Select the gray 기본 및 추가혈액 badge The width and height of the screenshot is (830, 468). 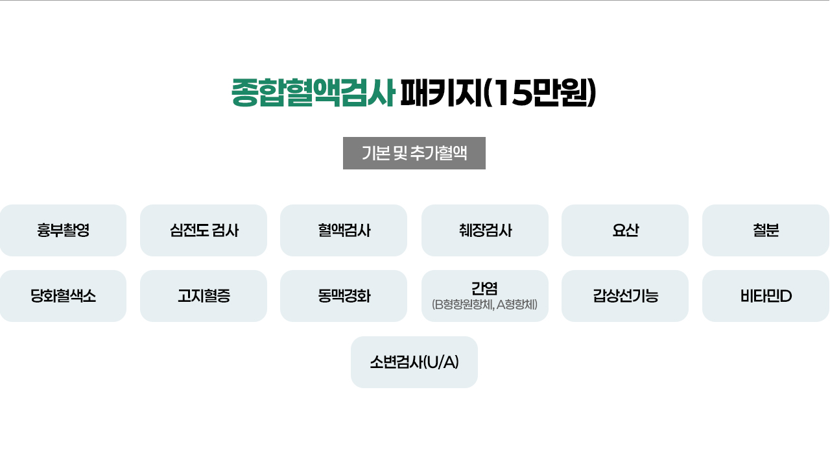click(414, 153)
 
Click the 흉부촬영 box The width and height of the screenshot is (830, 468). click(63, 230)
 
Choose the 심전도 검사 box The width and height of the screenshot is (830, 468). click(204, 230)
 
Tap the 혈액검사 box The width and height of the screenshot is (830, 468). click(344, 230)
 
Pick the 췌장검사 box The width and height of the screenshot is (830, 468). click(485, 230)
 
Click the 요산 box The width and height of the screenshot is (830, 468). click(625, 230)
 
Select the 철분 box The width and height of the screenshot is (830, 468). click(766, 230)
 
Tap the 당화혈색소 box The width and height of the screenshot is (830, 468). click(63, 296)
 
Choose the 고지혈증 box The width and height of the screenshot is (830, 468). click(204, 296)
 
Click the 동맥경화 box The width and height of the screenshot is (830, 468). click(344, 296)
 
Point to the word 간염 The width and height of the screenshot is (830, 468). click(485, 288)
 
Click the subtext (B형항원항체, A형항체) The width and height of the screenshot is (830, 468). click(485, 304)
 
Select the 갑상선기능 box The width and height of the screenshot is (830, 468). click(625, 296)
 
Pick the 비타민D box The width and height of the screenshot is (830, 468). click(766, 296)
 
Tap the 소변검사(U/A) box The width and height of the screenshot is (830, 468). click(414, 362)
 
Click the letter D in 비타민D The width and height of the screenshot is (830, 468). click(786, 297)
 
